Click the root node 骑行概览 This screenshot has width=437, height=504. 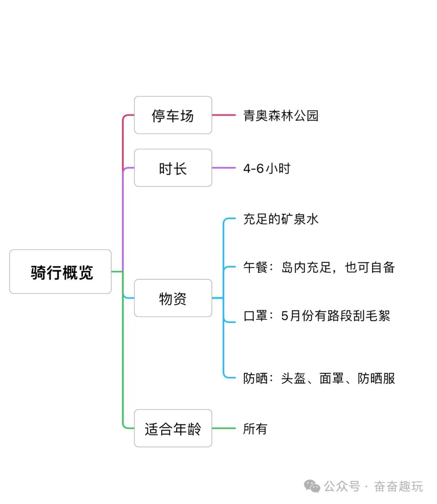(x=60, y=272)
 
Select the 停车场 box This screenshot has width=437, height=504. (x=173, y=115)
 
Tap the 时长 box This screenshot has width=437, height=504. (x=173, y=168)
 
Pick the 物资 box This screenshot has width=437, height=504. (x=173, y=299)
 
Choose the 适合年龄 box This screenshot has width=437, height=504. (x=173, y=428)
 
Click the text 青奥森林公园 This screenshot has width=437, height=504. (x=281, y=116)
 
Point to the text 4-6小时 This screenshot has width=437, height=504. (x=267, y=168)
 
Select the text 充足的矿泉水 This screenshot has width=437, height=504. (x=281, y=219)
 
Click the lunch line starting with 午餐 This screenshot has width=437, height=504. (x=319, y=267)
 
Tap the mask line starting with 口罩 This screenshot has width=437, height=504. (x=316, y=316)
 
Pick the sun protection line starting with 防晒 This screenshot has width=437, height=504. (x=319, y=379)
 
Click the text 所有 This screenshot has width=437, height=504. (x=255, y=429)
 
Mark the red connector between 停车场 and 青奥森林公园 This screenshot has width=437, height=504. (x=224, y=115)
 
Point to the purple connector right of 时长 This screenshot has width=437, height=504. (x=224, y=168)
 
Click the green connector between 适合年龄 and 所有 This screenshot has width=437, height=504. (x=224, y=428)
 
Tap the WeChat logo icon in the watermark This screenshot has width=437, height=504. (x=312, y=486)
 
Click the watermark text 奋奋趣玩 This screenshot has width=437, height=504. (x=398, y=486)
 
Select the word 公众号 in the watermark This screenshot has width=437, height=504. (x=342, y=486)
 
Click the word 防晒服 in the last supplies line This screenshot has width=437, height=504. (x=376, y=379)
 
